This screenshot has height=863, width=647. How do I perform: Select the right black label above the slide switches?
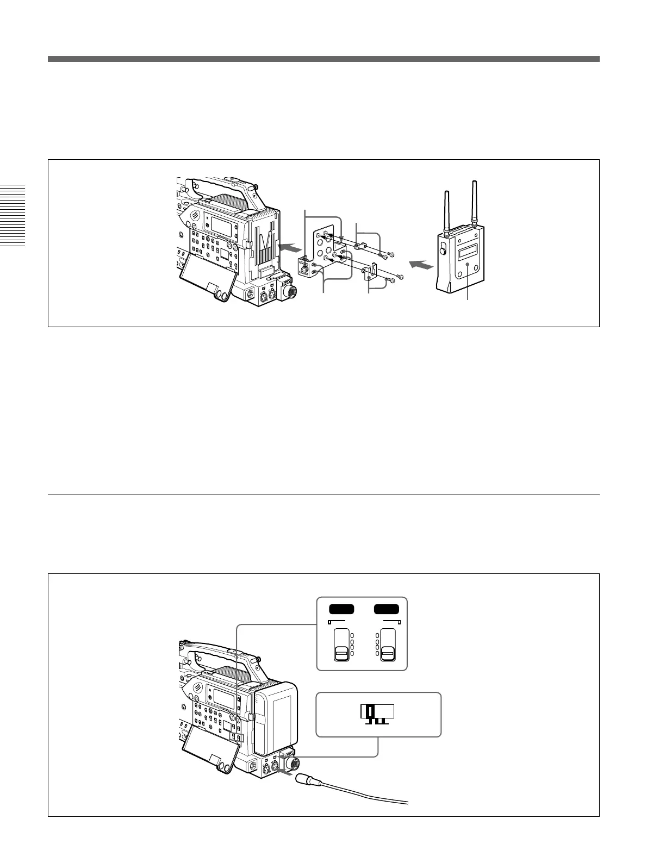(387, 609)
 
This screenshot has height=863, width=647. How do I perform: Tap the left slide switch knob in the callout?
(341, 653)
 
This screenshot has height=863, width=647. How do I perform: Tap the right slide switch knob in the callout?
(388, 653)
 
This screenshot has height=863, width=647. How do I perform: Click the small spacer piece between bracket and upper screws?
(358, 246)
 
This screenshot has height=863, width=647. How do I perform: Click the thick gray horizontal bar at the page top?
(323, 59)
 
